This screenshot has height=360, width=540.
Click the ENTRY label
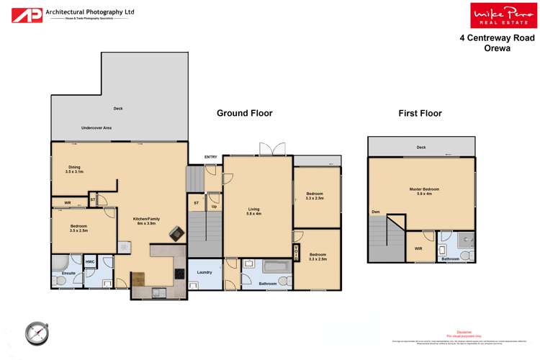click(x=210, y=156)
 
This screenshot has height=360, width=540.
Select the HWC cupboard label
click(x=90, y=261)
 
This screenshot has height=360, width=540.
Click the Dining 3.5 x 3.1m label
click(x=74, y=169)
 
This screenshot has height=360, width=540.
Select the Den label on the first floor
click(x=375, y=212)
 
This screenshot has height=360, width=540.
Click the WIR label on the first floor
click(x=418, y=248)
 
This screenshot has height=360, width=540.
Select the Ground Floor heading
click(x=245, y=113)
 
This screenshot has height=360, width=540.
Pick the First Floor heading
click(x=420, y=113)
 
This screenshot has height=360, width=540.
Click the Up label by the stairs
click(x=214, y=207)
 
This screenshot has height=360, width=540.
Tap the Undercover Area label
click(x=96, y=127)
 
